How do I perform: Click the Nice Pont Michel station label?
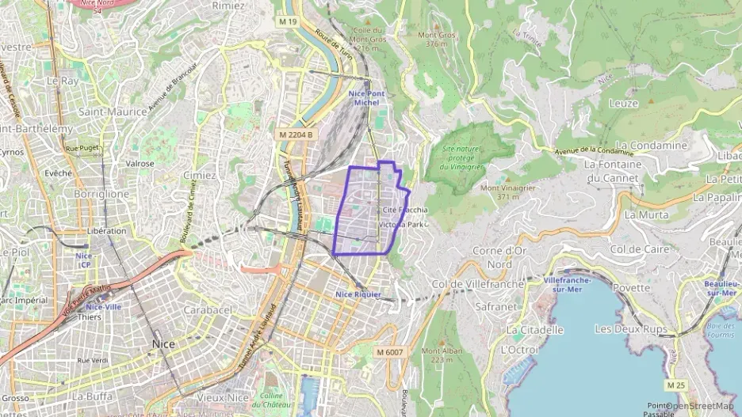(366, 98)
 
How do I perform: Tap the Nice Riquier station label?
(358, 294)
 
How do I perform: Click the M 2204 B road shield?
(296, 135)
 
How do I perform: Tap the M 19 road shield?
(287, 22)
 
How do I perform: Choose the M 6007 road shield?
(389, 352)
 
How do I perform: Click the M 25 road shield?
(675, 385)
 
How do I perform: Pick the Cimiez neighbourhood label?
(199, 175)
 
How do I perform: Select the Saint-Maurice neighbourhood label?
(113, 112)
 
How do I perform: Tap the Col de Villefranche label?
(478, 284)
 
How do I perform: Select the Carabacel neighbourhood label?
(207, 310)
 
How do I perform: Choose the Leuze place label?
(623, 103)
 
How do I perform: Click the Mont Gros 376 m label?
(437, 39)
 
